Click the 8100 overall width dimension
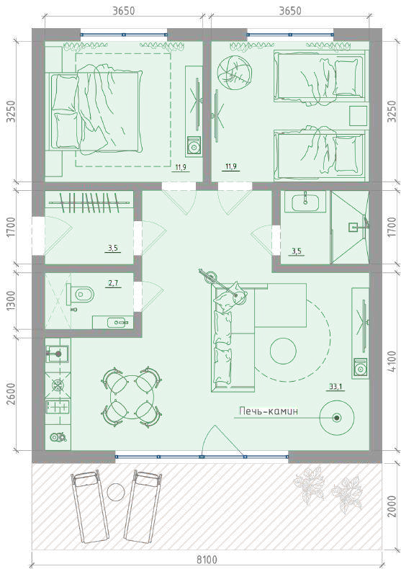click(x=207, y=559)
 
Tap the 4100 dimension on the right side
click(x=392, y=362)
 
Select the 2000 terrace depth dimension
click(x=392, y=506)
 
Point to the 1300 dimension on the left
click(x=11, y=300)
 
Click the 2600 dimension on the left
click(x=11, y=395)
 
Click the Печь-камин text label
click(x=269, y=411)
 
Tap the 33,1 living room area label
click(x=335, y=387)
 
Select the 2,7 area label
click(x=113, y=283)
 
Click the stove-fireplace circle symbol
click(x=337, y=418)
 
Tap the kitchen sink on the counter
click(x=58, y=354)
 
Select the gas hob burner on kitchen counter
click(x=58, y=385)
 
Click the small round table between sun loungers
click(x=116, y=493)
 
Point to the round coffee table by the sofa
click(x=283, y=351)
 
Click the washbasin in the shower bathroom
click(x=305, y=202)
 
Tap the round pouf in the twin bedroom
click(x=233, y=71)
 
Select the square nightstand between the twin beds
click(x=359, y=116)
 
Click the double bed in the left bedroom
click(x=96, y=110)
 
